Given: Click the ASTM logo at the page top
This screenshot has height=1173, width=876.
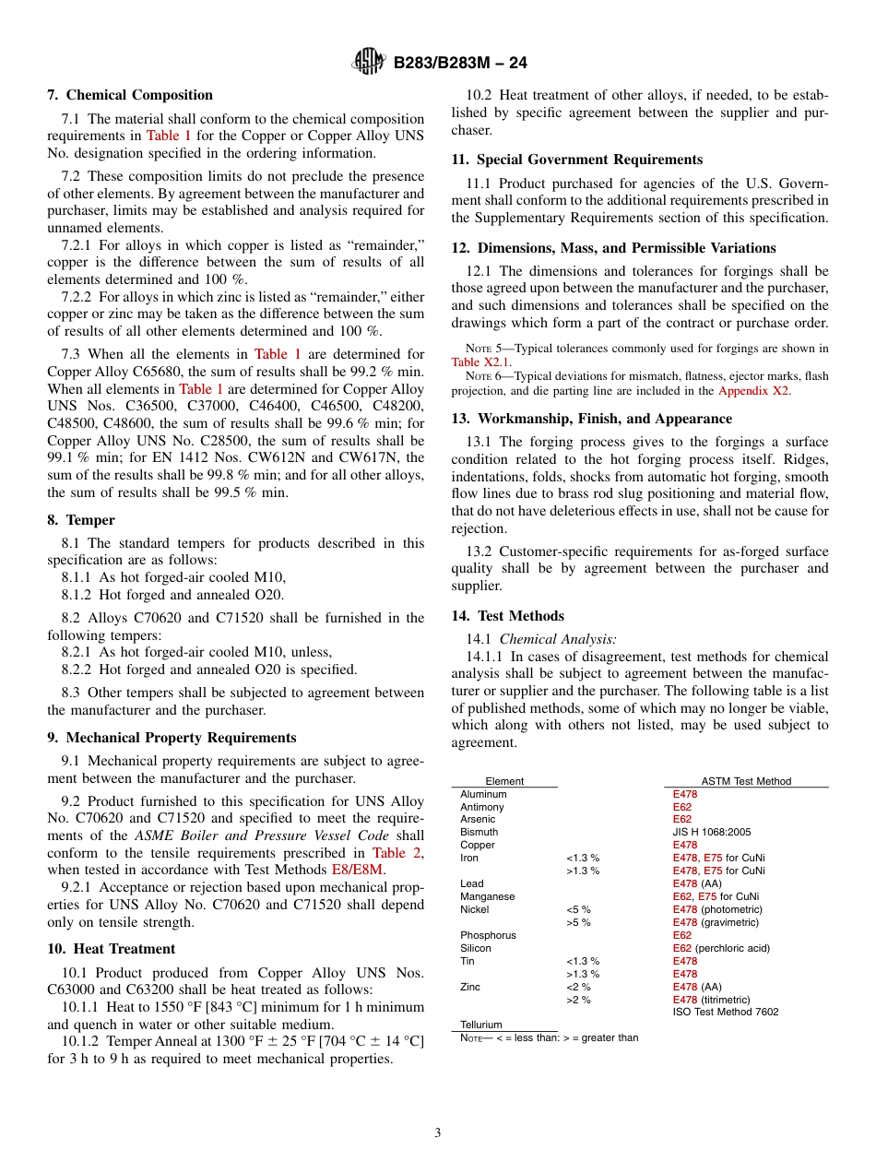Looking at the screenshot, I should coord(369,63).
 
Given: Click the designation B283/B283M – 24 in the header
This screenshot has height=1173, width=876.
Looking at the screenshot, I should coord(460,64).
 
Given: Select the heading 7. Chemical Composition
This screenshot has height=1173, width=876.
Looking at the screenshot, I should coord(130,95).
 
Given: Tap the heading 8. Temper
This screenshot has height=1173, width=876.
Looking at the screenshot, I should coord(81,520).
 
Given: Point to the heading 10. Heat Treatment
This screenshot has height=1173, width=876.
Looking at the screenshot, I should coord(112,949).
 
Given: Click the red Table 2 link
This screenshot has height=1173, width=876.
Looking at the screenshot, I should coord(397,853).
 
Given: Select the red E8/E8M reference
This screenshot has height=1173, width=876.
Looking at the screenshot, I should coord(357,870).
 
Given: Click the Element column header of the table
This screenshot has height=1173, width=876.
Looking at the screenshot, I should coord(504,781).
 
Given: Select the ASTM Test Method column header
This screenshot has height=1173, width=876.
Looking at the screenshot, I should coord(746,781).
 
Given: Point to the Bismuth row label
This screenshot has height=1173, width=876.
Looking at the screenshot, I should coord(479,832).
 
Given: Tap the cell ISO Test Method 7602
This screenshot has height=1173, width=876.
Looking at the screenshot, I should coord(725,1012).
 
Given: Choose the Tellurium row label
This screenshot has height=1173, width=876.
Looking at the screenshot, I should coord(481,1025).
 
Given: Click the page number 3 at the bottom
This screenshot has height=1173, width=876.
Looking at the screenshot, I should coord(438,1133).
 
